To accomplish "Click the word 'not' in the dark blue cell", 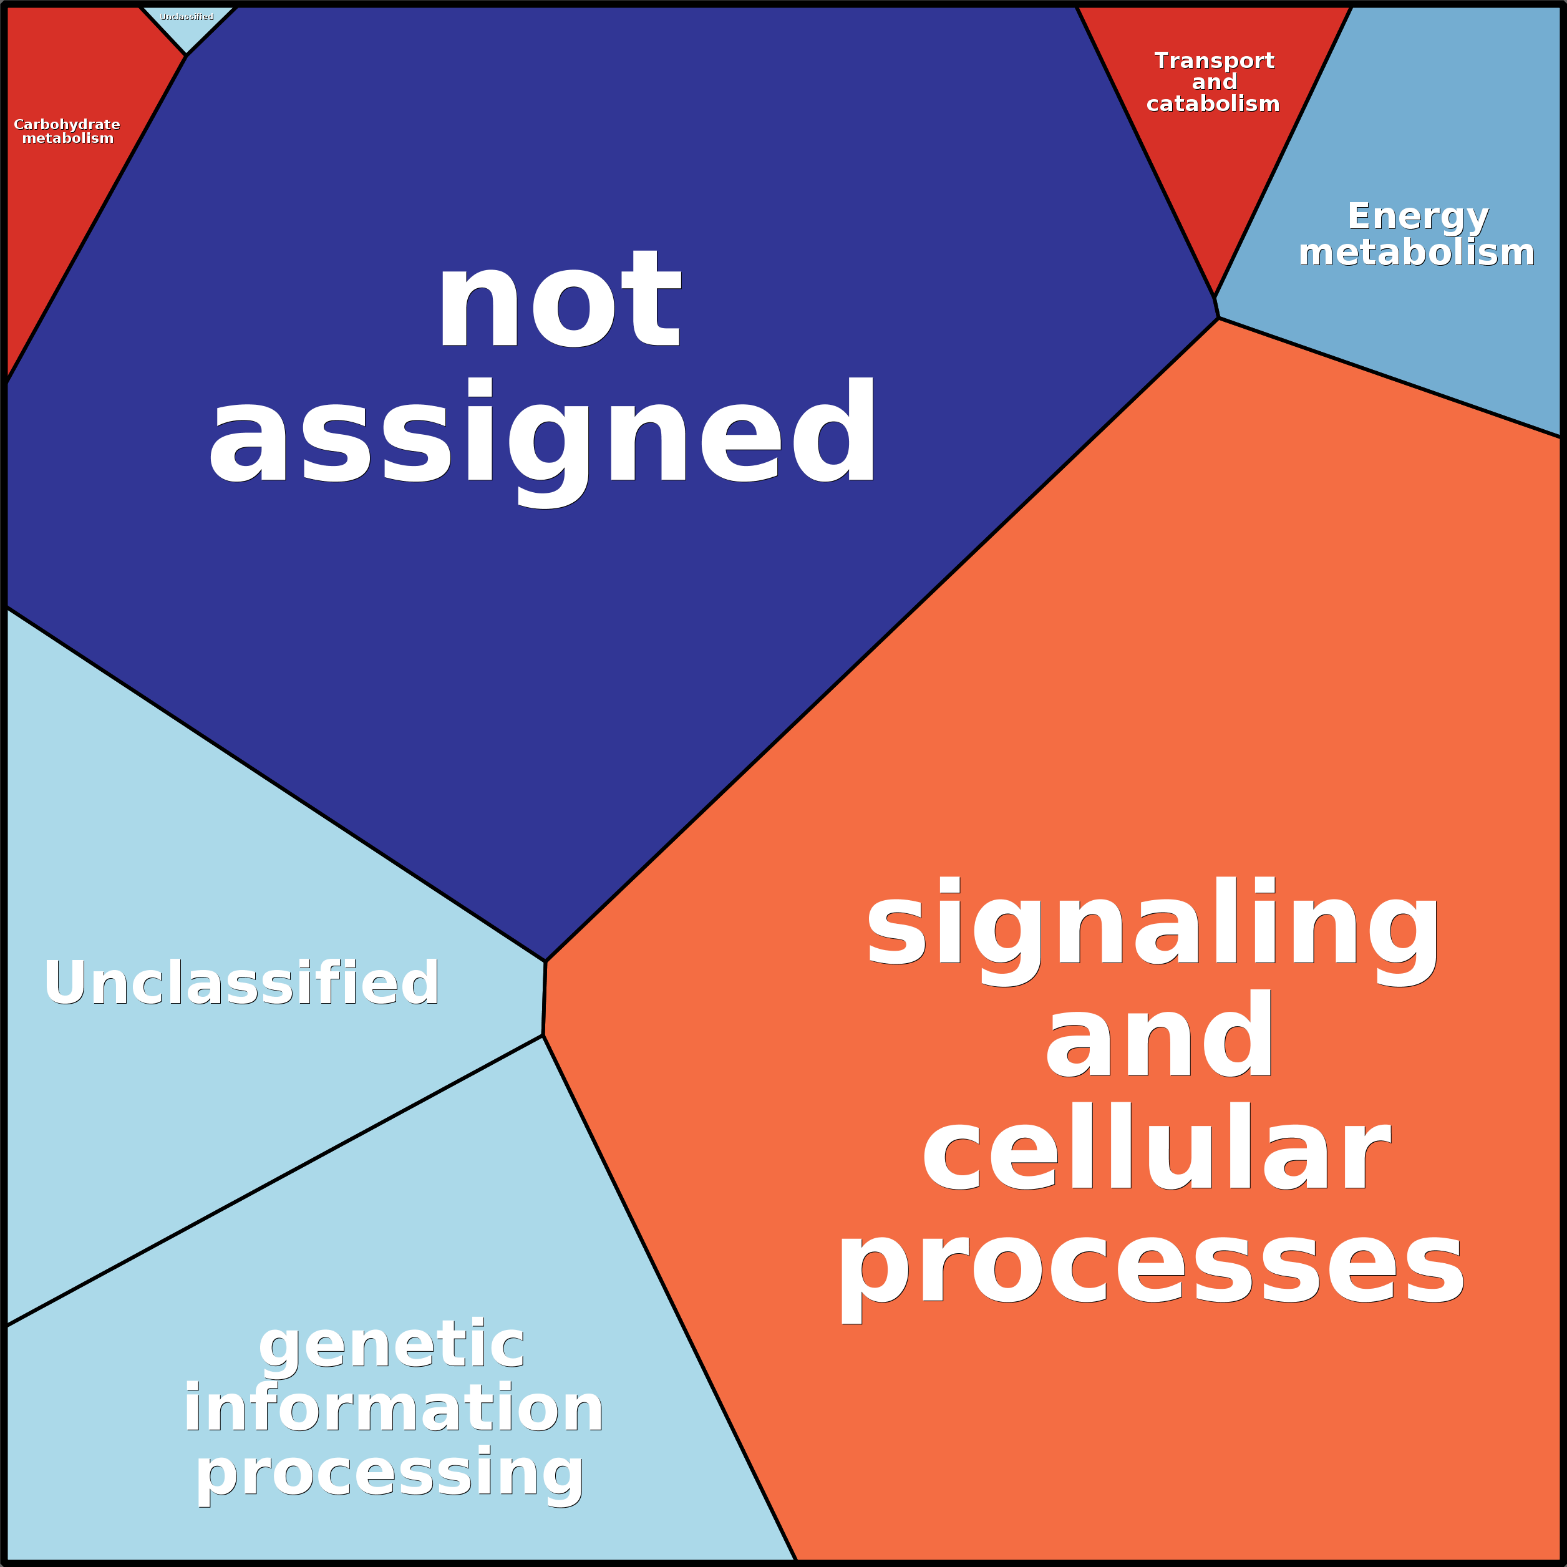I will [x=559, y=300].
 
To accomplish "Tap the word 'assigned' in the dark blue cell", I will [x=542, y=434].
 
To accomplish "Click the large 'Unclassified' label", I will [x=241, y=983].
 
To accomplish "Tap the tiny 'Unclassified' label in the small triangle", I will [x=187, y=17].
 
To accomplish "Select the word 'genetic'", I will [x=392, y=1345].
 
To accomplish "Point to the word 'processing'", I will [x=390, y=1475].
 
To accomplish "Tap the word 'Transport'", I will [x=1214, y=61].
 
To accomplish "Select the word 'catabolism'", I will [x=1213, y=104].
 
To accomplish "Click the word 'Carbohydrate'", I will [x=67, y=124].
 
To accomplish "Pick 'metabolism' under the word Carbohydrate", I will [x=67, y=138].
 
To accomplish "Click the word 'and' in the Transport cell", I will [x=1214, y=82].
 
